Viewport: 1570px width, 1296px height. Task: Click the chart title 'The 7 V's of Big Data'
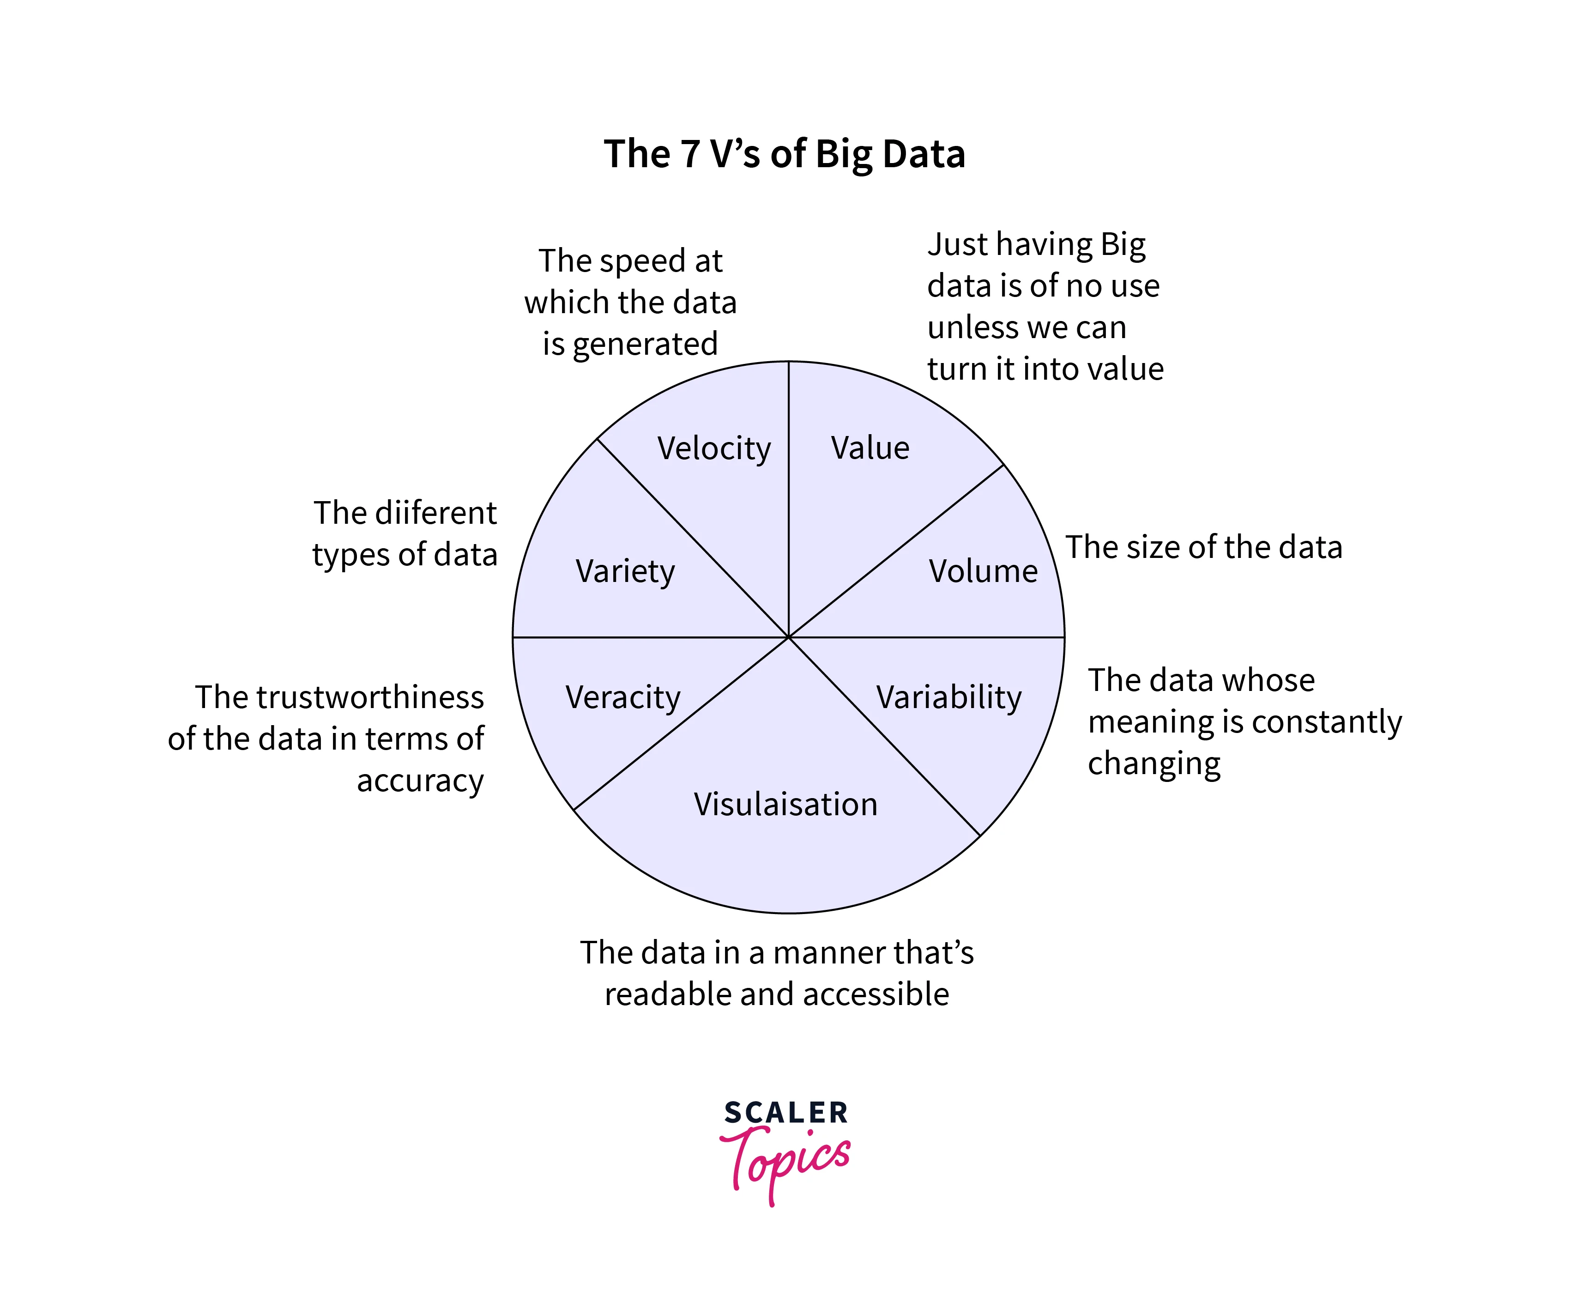[x=784, y=155]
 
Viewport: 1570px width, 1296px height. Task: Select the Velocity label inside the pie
[x=713, y=448]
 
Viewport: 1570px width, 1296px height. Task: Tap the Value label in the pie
[x=870, y=448]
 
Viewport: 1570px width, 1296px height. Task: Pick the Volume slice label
[x=983, y=571]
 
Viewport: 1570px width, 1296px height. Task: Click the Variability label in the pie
[x=948, y=697]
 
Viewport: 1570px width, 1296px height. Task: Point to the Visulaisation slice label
[x=785, y=805]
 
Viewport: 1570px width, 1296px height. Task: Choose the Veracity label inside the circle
[x=622, y=697]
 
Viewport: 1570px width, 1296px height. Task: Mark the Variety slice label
[x=625, y=572]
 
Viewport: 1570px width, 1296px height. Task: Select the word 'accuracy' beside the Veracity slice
[x=420, y=781]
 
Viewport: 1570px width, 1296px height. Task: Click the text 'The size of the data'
[x=1203, y=547]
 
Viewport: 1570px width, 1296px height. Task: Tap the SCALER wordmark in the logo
[x=786, y=1112]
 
